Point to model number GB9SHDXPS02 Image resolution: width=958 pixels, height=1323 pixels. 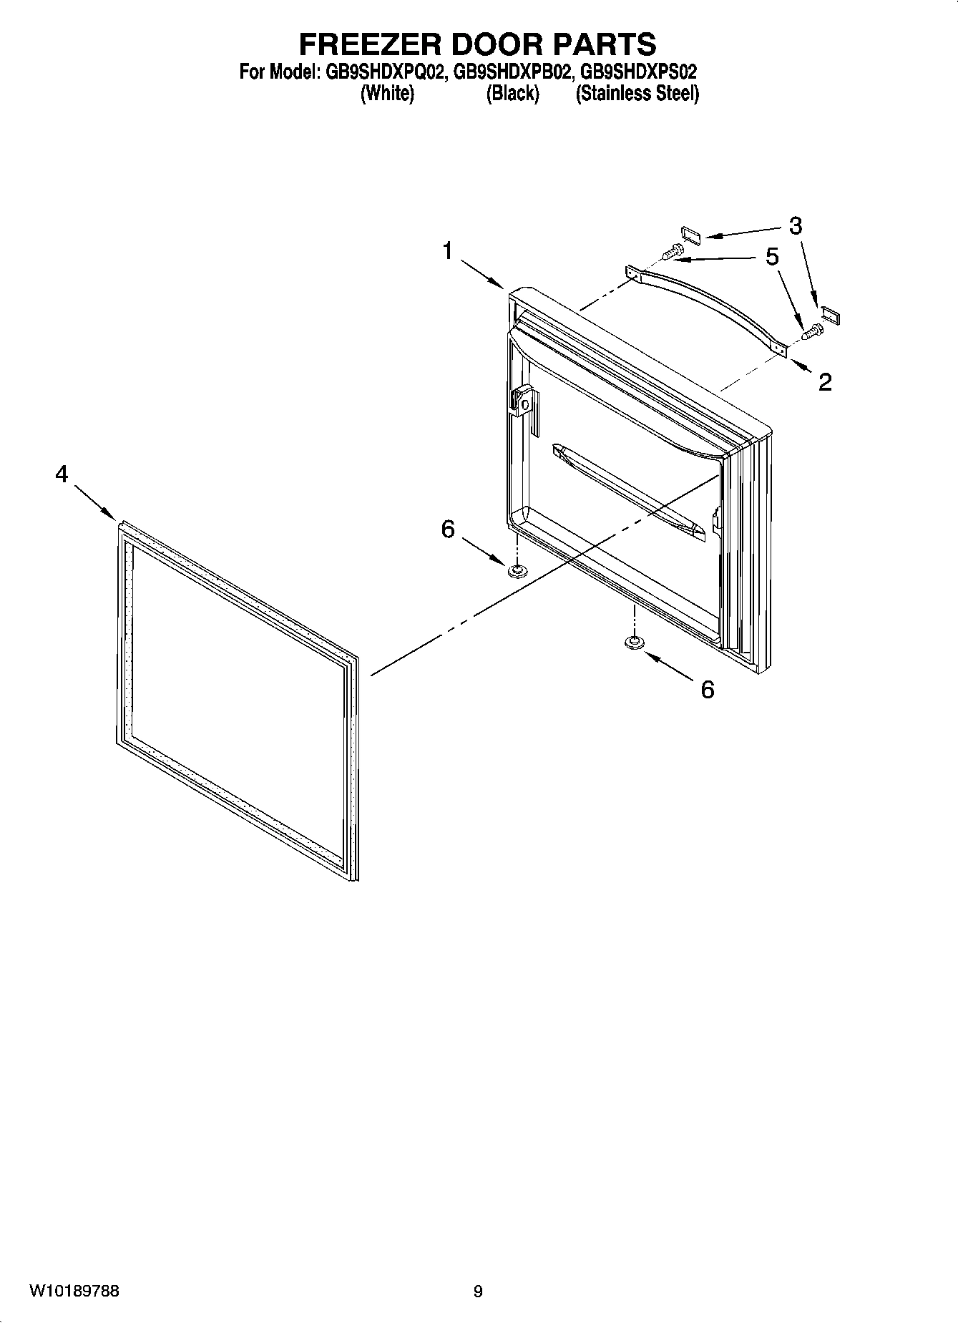pyautogui.click(x=638, y=72)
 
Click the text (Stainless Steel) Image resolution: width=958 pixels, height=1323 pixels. pyautogui.click(x=637, y=93)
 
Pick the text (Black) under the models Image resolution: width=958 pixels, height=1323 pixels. pyautogui.click(x=512, y=93)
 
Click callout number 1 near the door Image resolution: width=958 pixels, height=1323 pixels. pyautogui.click(x=447, y=251)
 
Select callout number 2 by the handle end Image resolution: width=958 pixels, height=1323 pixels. pyautogui.click(x=825, y=382)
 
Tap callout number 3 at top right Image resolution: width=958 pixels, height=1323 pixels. pyautogui.click(x=795, y=226)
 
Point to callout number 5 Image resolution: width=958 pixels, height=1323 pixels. pyautogui.click(x=772, y=256)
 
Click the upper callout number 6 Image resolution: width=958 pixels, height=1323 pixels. pyautogui.click(x=448, y=529)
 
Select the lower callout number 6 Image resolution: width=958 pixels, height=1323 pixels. pyautogui.click(x=707, y=690)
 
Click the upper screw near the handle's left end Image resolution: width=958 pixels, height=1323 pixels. pyautogui.click(x=673, y=251)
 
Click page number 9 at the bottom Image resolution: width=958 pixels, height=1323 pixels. pyautogui.click(x=478, y=1292)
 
